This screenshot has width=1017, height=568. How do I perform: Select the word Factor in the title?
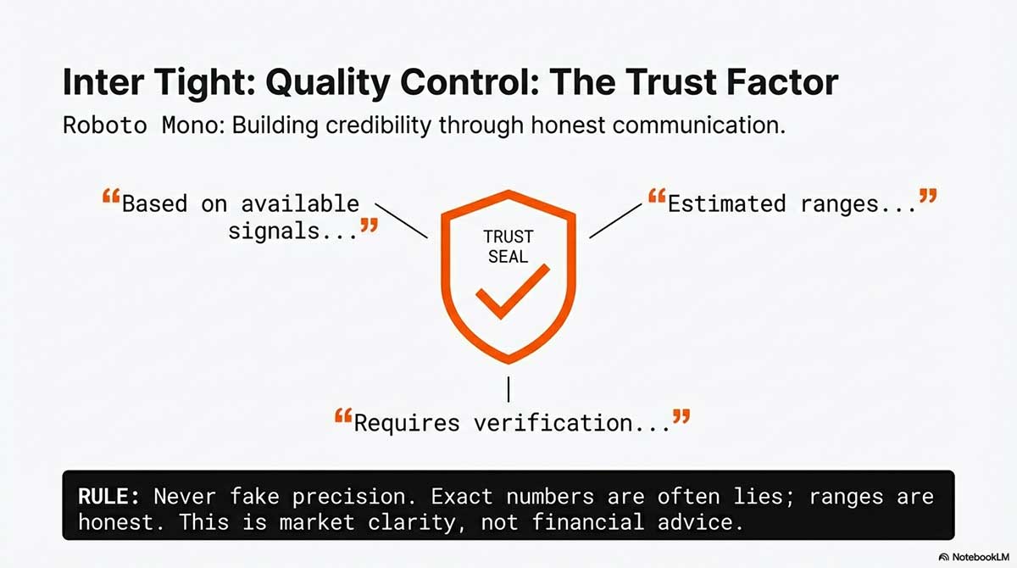tap(781, 82)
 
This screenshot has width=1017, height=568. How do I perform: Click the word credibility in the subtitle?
tap(378, 125)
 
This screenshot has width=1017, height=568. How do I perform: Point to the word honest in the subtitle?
tap(568, 125)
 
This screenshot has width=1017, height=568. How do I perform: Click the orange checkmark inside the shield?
tap(513, 292)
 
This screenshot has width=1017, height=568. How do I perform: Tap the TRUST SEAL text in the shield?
tap(508, 247)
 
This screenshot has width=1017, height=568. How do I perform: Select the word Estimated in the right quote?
tap(726, 203)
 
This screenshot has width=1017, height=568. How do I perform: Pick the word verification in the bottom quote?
tap(553, 423)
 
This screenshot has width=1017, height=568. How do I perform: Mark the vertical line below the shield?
tap(508, 389)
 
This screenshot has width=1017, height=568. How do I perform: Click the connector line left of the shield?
tap(402, 220)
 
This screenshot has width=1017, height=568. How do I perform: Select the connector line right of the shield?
tap(615, 220)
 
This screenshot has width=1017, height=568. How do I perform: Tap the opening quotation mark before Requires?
tap(343, 416)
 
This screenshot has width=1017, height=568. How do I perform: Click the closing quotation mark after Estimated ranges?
tap(928, 196)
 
